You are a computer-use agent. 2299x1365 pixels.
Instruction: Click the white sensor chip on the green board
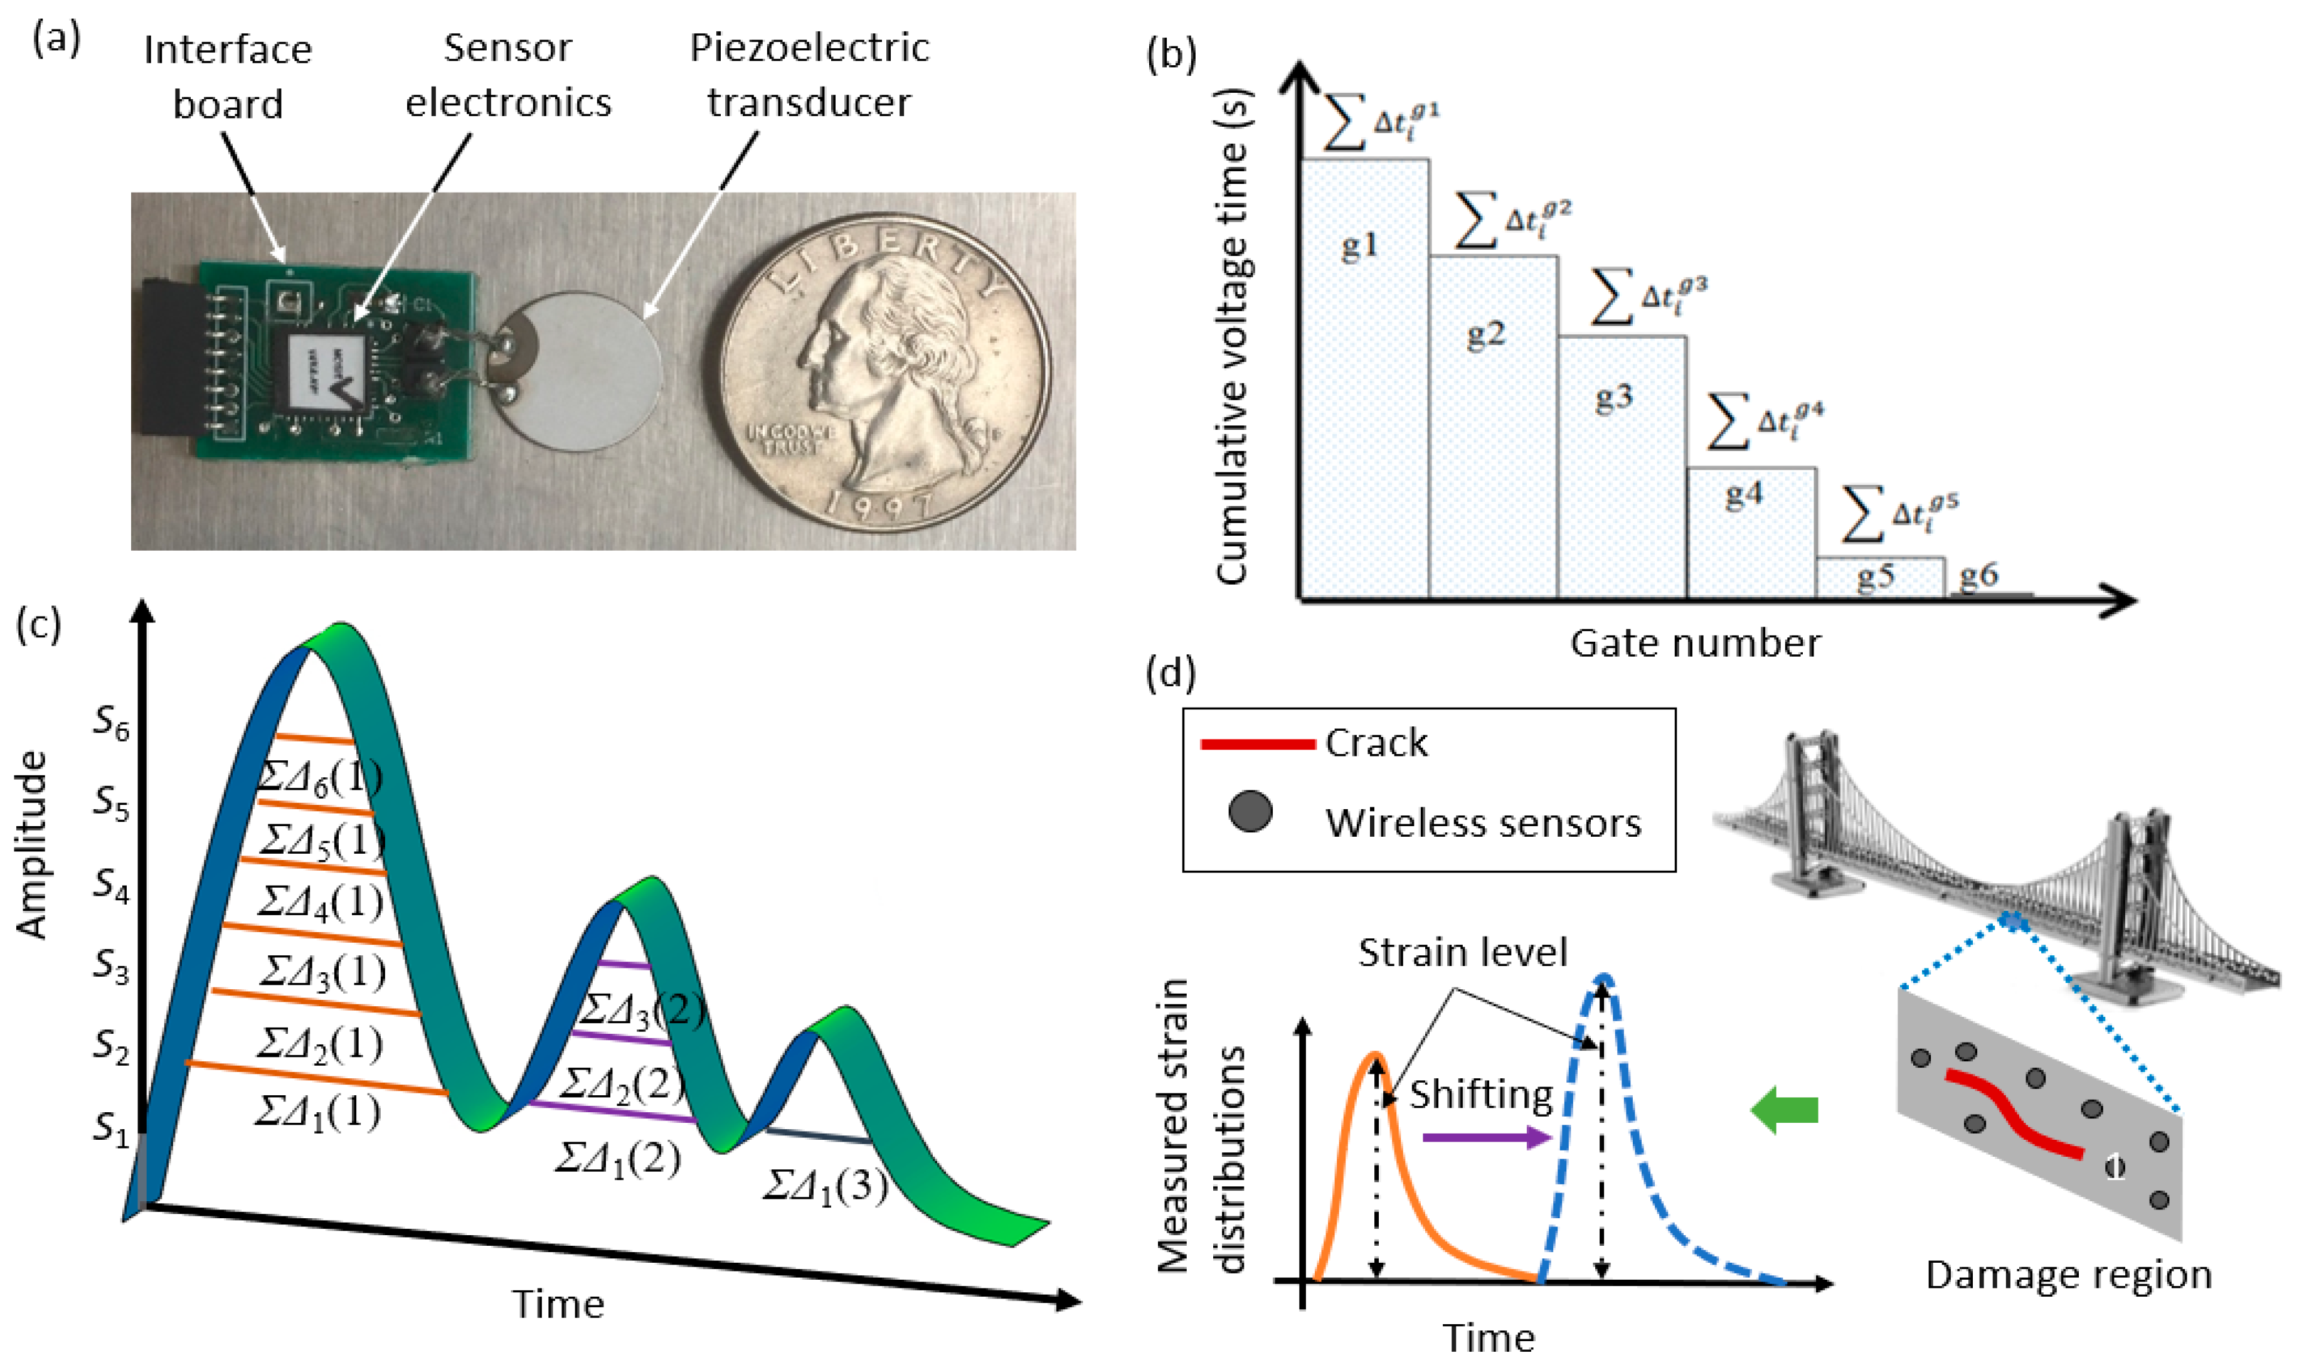click(326, 373)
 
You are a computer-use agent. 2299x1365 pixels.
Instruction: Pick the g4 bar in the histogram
click(1750, 533)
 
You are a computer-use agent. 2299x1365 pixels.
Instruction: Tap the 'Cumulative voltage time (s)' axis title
click(1232, 336)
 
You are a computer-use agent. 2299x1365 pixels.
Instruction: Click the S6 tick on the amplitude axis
click(111, 725)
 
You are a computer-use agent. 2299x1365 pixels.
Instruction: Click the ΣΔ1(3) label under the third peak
click(825, 1187)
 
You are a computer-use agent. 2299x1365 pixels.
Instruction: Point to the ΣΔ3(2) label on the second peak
click(642, 1010)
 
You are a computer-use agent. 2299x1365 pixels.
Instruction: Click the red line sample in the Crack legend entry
click(1257, 743)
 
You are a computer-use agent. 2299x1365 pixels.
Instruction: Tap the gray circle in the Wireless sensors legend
click(1250, 812)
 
